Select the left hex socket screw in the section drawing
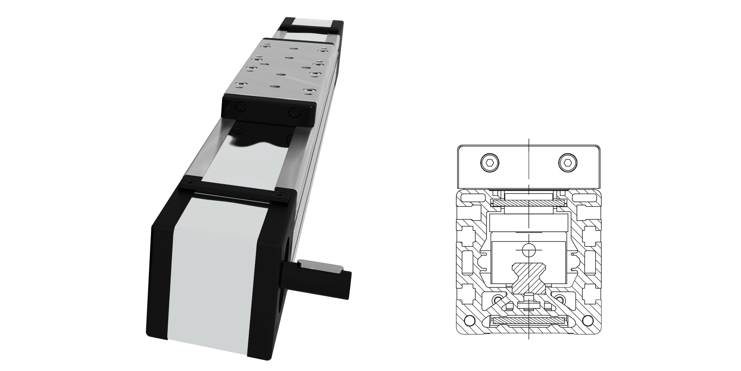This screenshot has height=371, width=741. tap(490, 163)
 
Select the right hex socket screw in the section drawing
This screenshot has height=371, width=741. tap(568, 163)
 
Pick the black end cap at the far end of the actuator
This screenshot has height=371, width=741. tap(311, 25)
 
